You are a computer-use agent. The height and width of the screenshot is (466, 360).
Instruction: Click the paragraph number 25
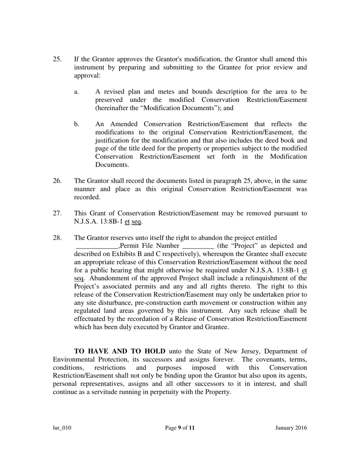(57, 59)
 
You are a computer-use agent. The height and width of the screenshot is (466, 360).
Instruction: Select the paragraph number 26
(57, 181)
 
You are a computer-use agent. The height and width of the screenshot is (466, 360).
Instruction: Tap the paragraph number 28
(57, 238)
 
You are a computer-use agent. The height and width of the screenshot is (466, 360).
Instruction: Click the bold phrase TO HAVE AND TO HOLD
(120, 351)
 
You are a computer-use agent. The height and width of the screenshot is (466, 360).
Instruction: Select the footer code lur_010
(62, 428)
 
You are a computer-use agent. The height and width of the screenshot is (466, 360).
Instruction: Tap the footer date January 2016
(291, 428)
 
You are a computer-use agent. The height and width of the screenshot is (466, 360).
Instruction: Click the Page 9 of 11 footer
(180, 428)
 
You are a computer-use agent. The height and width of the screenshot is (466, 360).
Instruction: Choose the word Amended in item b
(120, 124)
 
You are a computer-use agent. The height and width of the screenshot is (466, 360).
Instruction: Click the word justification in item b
(113, 141)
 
